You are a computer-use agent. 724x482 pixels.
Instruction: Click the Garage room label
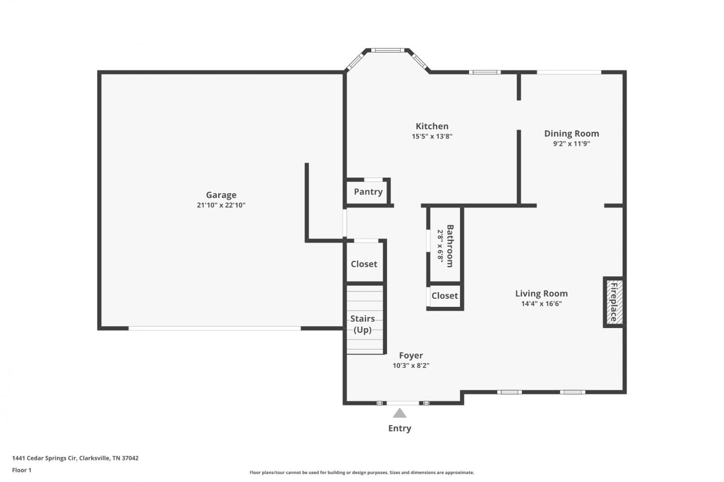(221, 195)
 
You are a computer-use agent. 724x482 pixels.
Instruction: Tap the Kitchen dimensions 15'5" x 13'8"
(432, 137)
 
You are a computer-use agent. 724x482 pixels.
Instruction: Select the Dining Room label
(571, 134)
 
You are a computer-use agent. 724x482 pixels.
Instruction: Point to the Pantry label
(368, 192)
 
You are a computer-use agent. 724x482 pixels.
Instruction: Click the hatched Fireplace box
(613, 302)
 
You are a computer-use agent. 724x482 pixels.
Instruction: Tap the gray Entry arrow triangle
(400, 413)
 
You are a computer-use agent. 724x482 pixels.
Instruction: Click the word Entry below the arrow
(400, 428)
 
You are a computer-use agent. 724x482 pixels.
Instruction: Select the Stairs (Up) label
(362, 324)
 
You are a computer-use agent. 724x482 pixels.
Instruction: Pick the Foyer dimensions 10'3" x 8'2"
(411, 365)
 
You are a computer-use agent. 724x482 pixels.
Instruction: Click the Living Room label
(542, 293)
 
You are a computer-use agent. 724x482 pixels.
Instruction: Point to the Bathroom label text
(450, 246)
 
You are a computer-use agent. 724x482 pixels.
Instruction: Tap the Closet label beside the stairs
(364, 264)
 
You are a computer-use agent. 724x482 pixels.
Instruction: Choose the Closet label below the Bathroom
(445, 296)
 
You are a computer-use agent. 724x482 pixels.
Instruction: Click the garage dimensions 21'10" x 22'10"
(221, 205)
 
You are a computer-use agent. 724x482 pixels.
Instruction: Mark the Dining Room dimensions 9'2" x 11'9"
(571, 144)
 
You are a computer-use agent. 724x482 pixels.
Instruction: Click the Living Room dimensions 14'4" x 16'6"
(542, 303)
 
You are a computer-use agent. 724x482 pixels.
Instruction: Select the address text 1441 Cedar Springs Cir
(44, 458)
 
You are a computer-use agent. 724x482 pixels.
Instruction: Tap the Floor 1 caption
(22, 470)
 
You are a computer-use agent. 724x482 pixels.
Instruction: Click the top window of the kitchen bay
(388, 50)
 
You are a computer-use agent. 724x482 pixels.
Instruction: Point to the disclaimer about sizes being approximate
(362, 472)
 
